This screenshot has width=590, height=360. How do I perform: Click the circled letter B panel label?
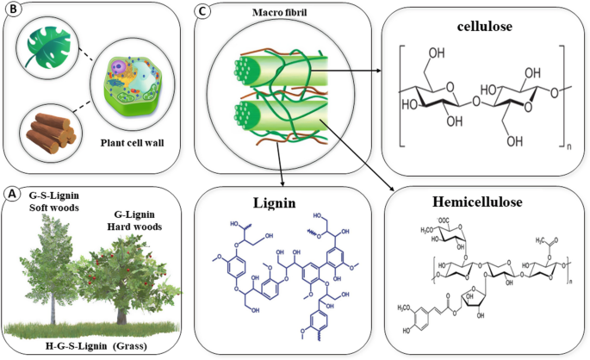(x=12, y=12)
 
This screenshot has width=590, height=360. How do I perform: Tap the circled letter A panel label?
(x=12, y=194)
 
